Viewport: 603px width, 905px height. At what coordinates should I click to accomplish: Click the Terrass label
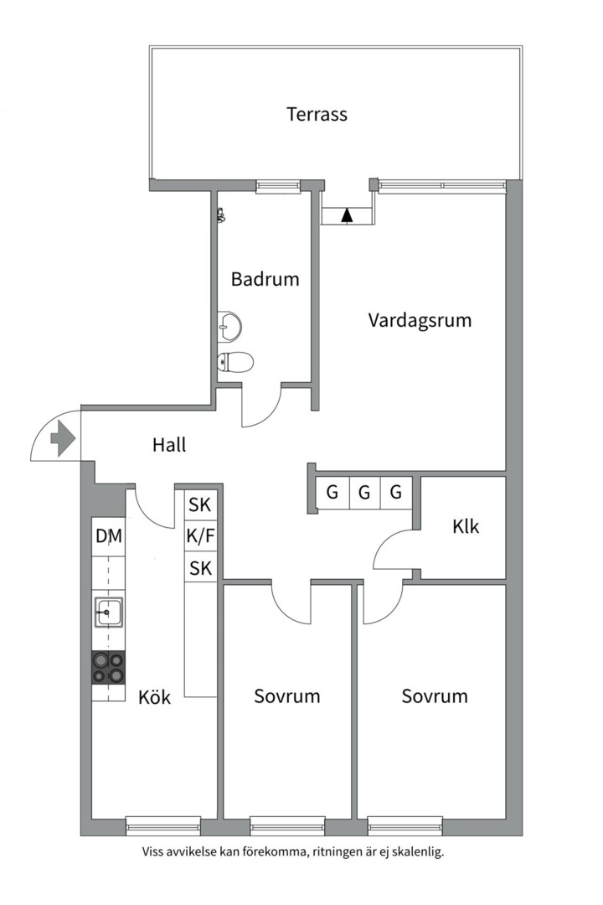[x=317, y=114]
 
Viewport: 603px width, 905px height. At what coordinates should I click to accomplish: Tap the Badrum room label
[x=265, y=279]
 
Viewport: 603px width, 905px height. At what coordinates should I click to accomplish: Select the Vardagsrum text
[x=420, y=319]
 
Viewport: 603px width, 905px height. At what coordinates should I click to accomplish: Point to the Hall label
[x=169, y=444]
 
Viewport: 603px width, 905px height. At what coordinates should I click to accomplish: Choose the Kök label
[x=155, y=696]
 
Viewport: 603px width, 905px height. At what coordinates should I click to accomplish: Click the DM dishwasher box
[x=109, y=536]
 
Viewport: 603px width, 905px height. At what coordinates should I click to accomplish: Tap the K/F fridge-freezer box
[x=200, y=536]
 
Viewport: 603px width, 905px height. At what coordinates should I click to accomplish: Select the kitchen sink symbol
[x=109, y=613]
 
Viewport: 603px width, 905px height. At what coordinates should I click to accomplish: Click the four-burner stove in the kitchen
[x=109, y=667]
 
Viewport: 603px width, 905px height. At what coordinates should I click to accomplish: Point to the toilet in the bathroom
[x=235, y=362]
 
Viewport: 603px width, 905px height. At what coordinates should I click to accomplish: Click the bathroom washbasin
[x=228, y=326]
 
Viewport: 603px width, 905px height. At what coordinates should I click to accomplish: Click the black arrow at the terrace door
[x=347, y=215]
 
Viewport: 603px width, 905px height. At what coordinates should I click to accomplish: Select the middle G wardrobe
[x=364, y=492]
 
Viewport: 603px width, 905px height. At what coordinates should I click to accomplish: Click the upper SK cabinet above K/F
[x=200, y=505]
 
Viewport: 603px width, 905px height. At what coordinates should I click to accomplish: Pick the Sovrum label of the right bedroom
[x=434, y=696]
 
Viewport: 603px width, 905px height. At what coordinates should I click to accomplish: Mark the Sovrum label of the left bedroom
[x=287, y=696]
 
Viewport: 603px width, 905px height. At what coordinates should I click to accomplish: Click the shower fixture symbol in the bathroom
[x=221, y=215]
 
